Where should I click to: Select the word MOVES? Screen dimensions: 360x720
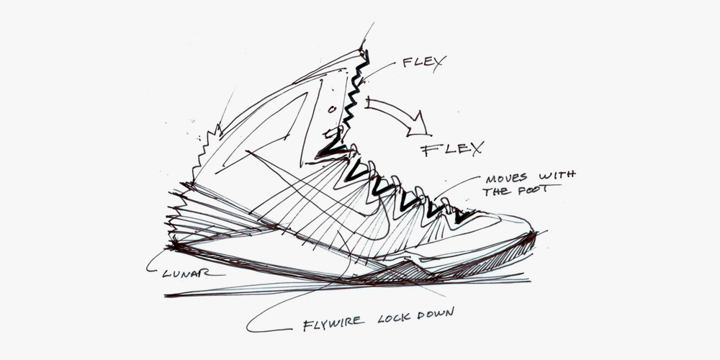[509, 176]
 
